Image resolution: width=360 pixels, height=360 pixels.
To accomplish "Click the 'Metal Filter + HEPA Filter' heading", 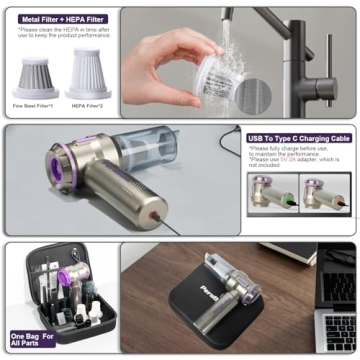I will click(x=59, y=18).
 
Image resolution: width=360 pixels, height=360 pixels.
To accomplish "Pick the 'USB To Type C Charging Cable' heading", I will click(x=299, y=138).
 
